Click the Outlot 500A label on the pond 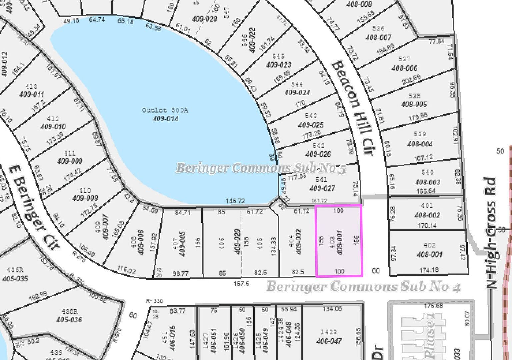tap(165, 110)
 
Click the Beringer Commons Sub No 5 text tap(261, 168)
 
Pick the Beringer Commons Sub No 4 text tap(364, 287)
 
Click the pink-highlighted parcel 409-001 tap(339, 241)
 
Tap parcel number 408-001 tap(429, 254)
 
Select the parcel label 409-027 tap(322, 188)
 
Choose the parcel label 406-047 tap(329, 341)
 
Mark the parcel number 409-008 tap(85, 198)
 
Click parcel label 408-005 tap(414, 104)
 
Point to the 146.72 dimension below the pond tap(235, 201)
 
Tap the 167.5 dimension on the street tap(241, 284)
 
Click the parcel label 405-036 tap(69, 319)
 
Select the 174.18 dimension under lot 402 tap(429, 270)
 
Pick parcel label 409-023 tap(279, 65)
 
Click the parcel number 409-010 tap(53, 127)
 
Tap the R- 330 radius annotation tap(154, 301)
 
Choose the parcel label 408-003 tap(428, 182)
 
